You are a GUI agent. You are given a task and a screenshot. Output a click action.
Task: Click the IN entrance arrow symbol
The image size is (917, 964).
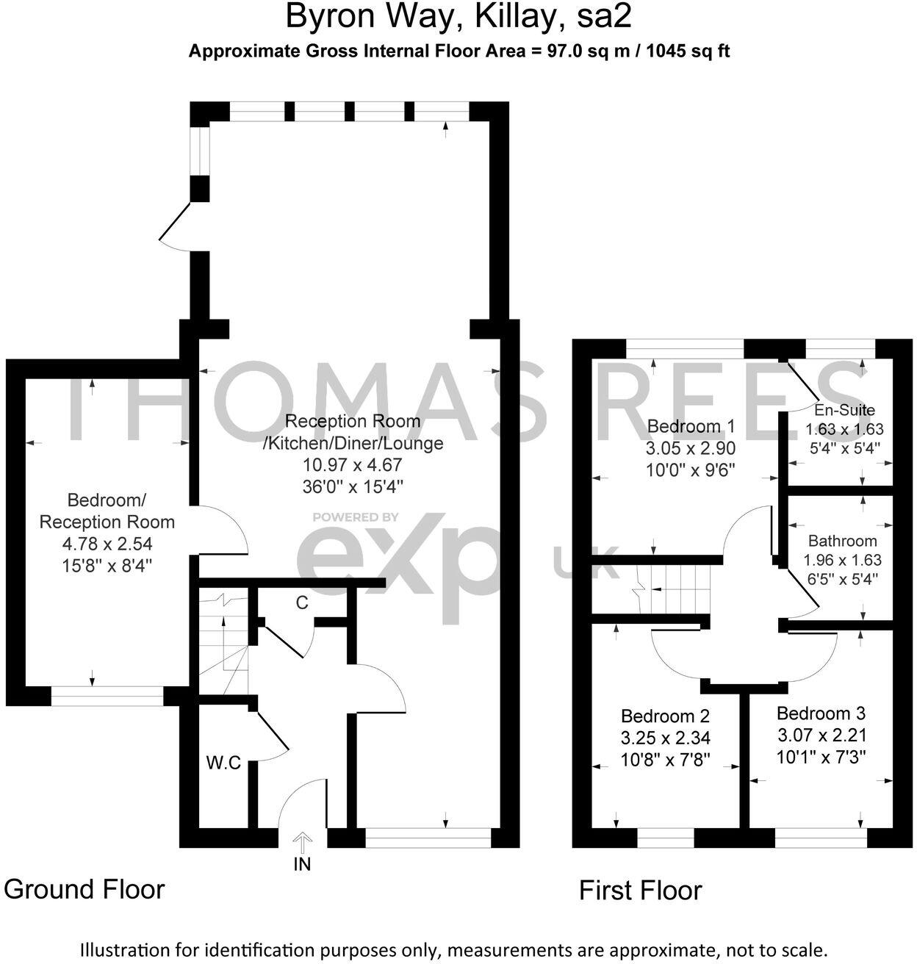click(x=303, y=841)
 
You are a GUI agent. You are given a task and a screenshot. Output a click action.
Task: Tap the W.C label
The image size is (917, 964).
click(x=223, y=763)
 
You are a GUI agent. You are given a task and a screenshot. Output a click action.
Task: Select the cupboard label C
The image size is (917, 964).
click(x=301, y=603)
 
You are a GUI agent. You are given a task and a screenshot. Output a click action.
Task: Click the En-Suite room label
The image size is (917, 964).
click(x=844, y=410)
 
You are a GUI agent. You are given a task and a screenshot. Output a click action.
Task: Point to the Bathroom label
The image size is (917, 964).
click(x=842, y=541)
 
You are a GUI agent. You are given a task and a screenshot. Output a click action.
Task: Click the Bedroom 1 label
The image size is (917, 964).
click(x=691, y=426)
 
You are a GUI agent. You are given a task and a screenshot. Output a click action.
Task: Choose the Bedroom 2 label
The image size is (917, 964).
click(x=665, y=716)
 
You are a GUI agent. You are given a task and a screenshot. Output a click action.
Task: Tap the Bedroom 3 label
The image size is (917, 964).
click(x=821, y=713)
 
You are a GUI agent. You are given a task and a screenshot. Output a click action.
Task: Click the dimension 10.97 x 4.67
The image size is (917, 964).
click(x=353, y=465)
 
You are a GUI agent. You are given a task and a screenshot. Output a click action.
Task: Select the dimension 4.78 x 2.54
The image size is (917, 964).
click(x=107, y=544)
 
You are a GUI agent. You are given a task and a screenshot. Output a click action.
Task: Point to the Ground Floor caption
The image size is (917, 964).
click(x=84, y=889)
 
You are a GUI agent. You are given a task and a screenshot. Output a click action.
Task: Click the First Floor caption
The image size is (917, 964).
click(x=641, y=891)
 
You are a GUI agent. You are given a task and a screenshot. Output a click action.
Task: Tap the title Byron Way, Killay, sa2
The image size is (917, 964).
click(x=459, y=17)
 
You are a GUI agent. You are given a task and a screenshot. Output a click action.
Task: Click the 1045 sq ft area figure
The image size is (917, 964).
click(x=688, y=51)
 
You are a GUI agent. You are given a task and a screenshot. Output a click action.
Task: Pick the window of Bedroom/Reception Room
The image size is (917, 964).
click(x=107, y=696)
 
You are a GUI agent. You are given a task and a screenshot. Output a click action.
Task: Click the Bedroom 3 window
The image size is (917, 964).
click(x=821, y=838)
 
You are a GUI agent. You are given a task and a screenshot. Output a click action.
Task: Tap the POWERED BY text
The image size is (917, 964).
click(x=356, y=517)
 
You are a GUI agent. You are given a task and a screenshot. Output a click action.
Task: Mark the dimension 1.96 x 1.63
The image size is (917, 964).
click(x=843, y=560)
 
